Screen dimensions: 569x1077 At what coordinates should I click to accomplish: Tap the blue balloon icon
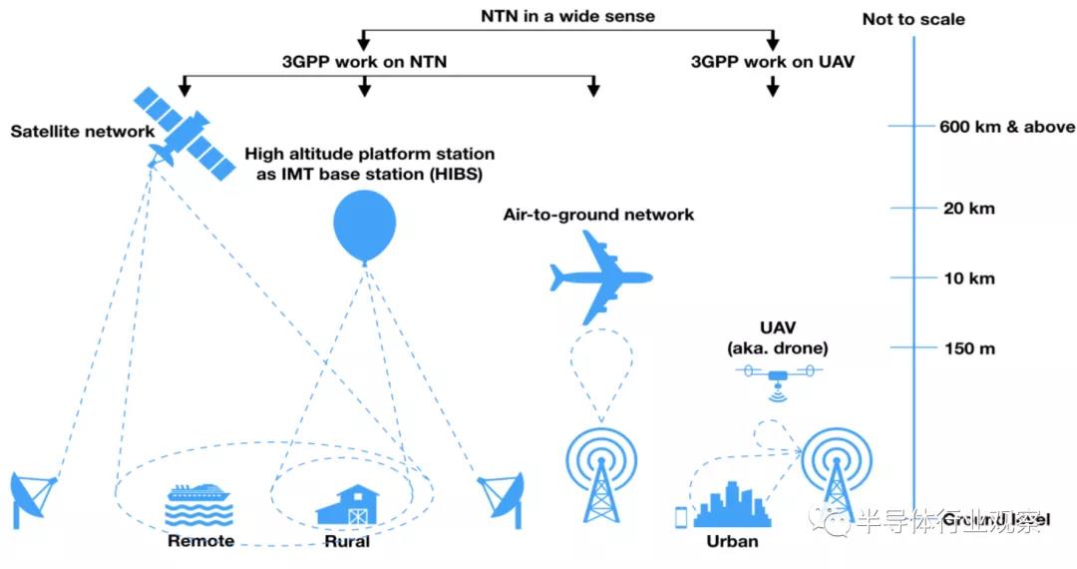pyautogui.click(x=364, y=224)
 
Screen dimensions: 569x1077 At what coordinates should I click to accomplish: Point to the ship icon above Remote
pyautogui.click(x=199, y=505)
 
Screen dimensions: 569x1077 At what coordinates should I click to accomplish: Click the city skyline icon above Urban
pyautogui.click(x=733, y=504)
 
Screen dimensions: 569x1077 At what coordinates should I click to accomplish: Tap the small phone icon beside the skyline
pyautogui.click(x=682, y=516)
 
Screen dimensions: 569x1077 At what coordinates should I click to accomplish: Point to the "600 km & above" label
pyautogui.click(x=1007, y=127)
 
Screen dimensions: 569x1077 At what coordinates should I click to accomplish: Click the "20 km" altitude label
pyautogui.click(x=968, y=209)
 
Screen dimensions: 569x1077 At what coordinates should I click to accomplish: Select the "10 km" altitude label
pyautogui.click(x=968, y=279)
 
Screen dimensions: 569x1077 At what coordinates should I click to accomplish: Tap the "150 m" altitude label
pyautogui.click(x=970, y=349)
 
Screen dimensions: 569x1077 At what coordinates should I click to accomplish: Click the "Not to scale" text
pyautogui.click(x=913, y=19)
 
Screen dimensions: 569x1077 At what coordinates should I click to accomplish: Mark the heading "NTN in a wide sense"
pyautogui.click(x=567, y=16)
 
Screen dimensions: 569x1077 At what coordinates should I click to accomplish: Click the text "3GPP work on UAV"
pyautogui.click(x=773, y=62)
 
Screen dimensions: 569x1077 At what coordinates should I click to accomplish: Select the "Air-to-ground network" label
pyautogui.click(x=599, y=215)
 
